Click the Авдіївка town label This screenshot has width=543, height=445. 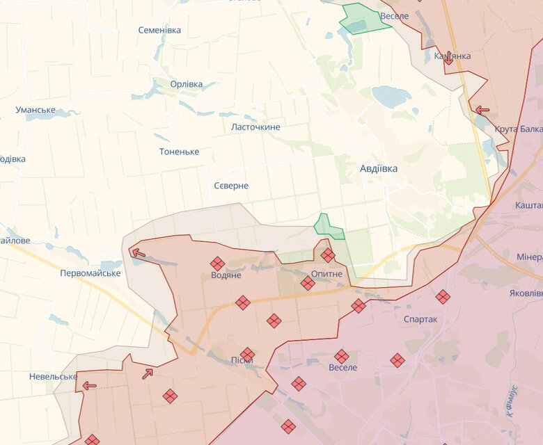pyautogui.click(x=379, y=168)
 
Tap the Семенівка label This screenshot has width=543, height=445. pyautogui.click(x=159, y=30)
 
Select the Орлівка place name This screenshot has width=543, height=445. pyautogui.click(x=187, y=84)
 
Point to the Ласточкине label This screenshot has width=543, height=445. pyautogui.click(x=255, y=127)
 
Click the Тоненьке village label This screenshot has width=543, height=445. pyautogui.click(x=179, y=152)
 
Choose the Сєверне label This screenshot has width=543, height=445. pyautogui.click(x=231, y=186)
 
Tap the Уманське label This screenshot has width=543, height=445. pyautogui.click(x=36, y=110)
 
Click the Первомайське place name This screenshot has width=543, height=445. pyautogui.click(x=90, y=273)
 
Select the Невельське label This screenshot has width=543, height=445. pyautogui.click(x=53, y=376)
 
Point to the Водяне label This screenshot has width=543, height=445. pyautogui.click(x=226, y=275)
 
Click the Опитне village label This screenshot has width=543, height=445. pyautogui.click(x=326, y=274)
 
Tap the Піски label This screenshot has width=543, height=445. pyautogui.click(x=242, y=360)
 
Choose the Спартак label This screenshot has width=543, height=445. pyautogui.click(x=420, y=319)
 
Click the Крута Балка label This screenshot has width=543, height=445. pyautogui.click(x=519, y=129)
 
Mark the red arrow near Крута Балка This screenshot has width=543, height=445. pyautogui.click(x=482, y=109)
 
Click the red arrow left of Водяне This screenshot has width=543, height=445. pyautogui.click(x=139, y=253)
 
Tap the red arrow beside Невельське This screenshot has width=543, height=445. pyautogui.click(x=89, y=386)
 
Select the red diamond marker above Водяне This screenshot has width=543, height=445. pyautogui.click(x=218, y=263)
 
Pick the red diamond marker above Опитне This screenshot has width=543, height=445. pyautogui.click(x=328, y=255)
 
